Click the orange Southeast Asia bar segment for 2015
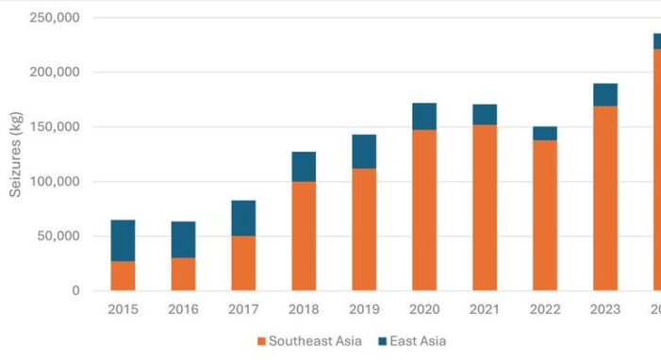click(x=123, y=275)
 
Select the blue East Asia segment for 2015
click(x=123, y=240)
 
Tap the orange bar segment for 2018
click(x=304, y=236)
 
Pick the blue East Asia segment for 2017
click(x=243, y=218)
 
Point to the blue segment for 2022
click(x=545, y=133)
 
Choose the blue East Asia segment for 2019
click(x=364, y=151)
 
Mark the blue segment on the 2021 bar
click(x=485, y=114)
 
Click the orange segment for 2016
click(x=183, y=274)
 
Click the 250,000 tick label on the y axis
click(x=55, y=18)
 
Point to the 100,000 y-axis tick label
click(x=55, y=182)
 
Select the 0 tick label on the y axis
click(x=75, y=291)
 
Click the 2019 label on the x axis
click(x=364, y=309)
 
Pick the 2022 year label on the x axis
click(x=545, y=309)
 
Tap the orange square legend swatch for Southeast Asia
click(x=262, y=341)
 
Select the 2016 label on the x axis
click(x=183, y=309)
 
